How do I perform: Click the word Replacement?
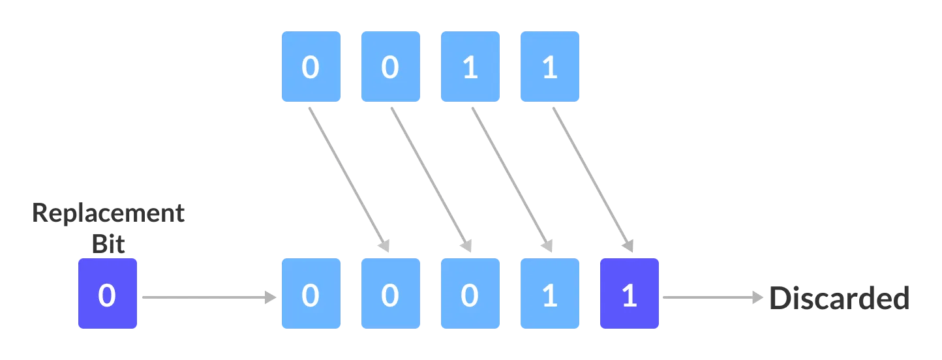108,215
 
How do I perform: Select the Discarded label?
839,298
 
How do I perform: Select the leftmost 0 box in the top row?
311,67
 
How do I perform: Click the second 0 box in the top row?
390,67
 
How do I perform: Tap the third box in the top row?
470,67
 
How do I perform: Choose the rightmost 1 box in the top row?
549,67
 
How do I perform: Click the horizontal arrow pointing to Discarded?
711,298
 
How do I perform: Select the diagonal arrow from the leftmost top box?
348,179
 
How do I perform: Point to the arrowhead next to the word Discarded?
758,298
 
